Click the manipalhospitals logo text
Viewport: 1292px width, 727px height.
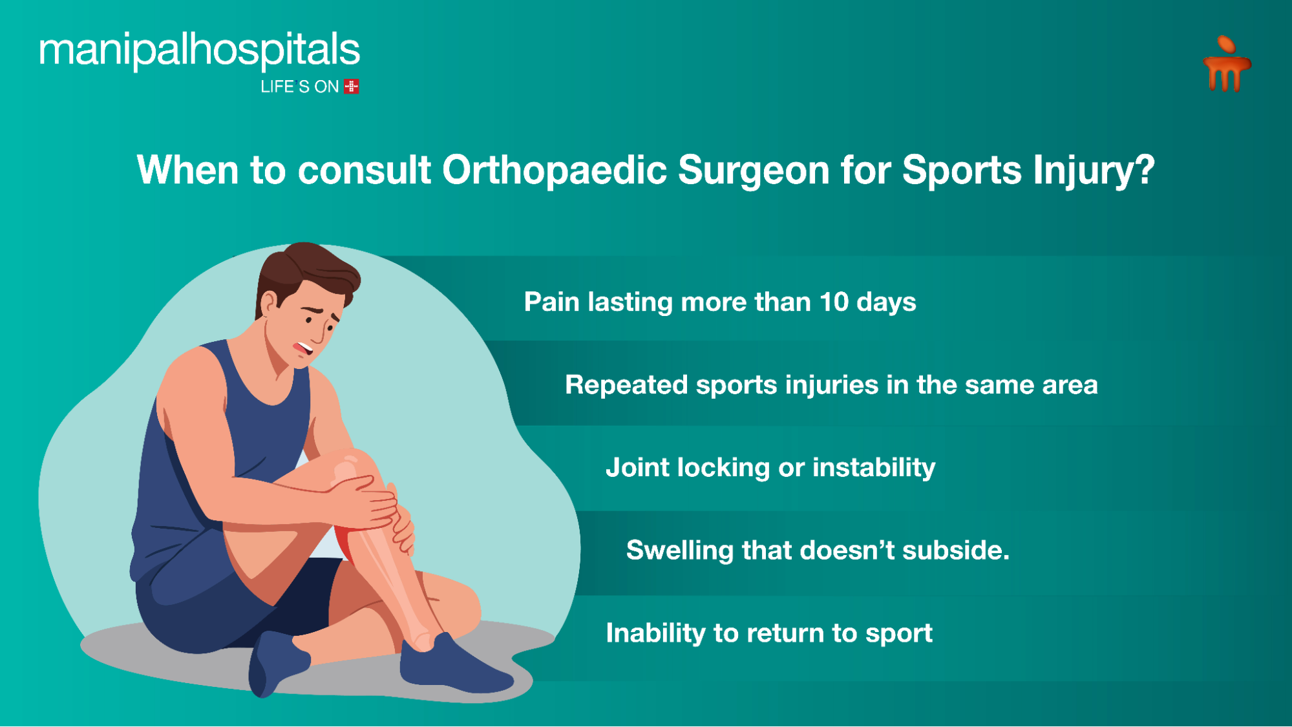(199, 50)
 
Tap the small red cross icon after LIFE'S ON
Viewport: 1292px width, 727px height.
(352, 87)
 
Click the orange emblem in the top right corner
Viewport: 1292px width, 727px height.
(1226, 65)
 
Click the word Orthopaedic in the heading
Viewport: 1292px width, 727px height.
(554, 171)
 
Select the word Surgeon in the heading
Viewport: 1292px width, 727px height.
(753, 171)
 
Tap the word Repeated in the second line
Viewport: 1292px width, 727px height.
(626, 385)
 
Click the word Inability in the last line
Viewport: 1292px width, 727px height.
(655, 633)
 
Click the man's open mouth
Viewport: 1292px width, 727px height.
(302, 348)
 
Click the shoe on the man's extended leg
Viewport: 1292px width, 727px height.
(452, 666)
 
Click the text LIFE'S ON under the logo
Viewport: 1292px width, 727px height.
(299, 87)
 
